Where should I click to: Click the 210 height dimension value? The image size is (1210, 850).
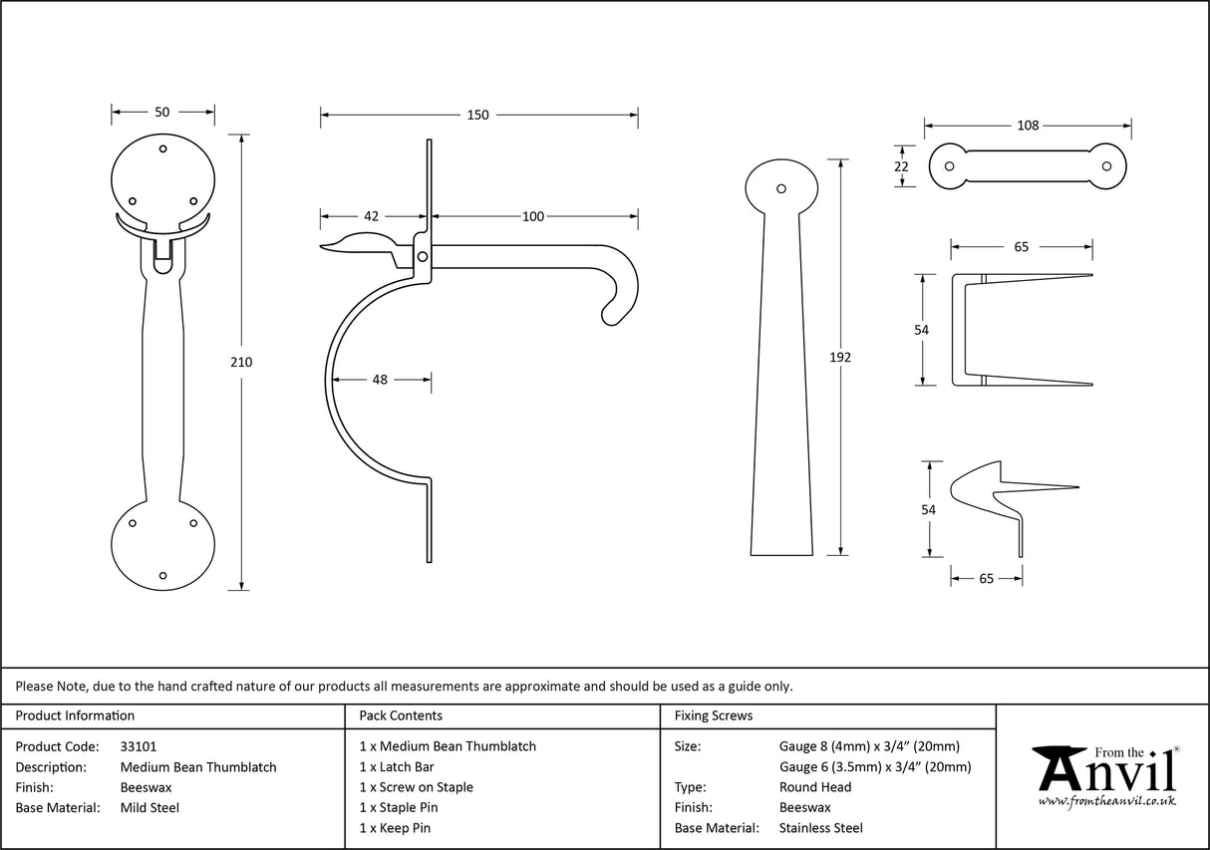(x=241, y=362)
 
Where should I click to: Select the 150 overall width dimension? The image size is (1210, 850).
(x=478, y=115)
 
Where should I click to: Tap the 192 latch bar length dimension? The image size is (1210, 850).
(x=841, y=356)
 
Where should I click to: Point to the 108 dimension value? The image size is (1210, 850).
(x=1028, y=126)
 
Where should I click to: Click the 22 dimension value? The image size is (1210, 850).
(x=901, y=167)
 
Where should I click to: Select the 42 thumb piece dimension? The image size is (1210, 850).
(x=371, y=216)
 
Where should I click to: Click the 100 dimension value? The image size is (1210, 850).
(x=533, y=216)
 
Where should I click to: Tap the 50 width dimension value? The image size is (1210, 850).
(x=162, y=112)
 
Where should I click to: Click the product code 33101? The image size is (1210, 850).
(x=138, y=745)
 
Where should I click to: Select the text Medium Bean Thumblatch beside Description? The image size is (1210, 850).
(x=198, y=767)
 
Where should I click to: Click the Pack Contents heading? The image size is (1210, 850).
(x=401, y=715)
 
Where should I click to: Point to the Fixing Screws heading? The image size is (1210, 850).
(x=714, y=715)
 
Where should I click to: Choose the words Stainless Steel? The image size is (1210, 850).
(x=821, y=827)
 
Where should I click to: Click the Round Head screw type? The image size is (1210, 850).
(x=815, y=787)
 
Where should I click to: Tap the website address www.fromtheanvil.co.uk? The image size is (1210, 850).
(x=1106, y=801)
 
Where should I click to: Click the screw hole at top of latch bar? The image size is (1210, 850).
(x=782, y=186)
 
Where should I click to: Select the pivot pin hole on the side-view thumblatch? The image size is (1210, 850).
(x=423, y=257)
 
